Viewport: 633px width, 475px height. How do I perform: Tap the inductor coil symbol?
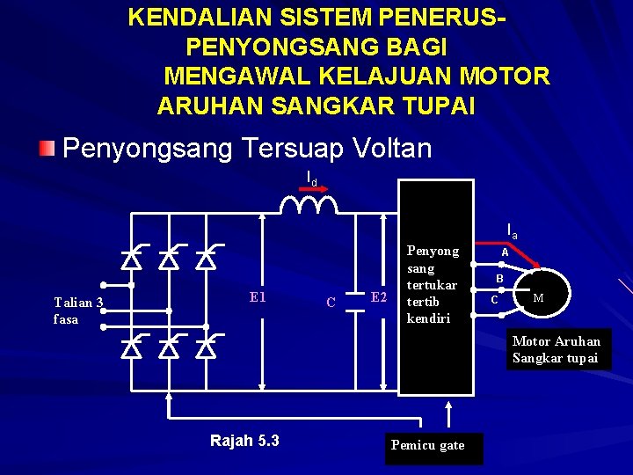[x=309, y=205]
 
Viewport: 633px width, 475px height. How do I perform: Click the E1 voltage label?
[x=258, y=297]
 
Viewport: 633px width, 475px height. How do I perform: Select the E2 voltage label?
[x=379, y=296]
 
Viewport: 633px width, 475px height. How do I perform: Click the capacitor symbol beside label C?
[x=358, y=300]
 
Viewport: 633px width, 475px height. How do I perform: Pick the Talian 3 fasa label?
[x=77, y=311]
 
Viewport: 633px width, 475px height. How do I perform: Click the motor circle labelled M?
[x=538, y=297]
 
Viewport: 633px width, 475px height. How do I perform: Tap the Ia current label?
[x=512, y=231]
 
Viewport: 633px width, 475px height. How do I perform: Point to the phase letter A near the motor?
[x=505, y=252]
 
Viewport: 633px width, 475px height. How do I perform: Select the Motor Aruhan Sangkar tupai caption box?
[x=557, y=349]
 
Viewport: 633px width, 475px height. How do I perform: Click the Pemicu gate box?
[x=428, y=446]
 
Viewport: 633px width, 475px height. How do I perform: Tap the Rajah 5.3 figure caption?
[x=244, y=441]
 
